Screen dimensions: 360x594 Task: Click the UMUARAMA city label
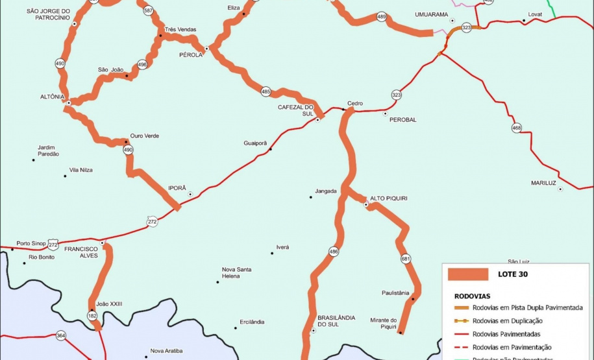pyautogui.click(x=431, y=14)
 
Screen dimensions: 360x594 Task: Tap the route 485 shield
pyautogui.click(x=266, y=92)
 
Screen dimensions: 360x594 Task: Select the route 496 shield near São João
pyautogui.click(x=142, y=65)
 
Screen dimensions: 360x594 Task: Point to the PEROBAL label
pyautogui.click(x=403, y=120)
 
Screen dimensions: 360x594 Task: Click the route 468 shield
pyautogui.click(x=517, y=128)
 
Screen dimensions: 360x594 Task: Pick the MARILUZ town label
pyautogui.click(x=543, y=183)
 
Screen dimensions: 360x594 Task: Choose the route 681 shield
pyautogui.click(x=406, y=258)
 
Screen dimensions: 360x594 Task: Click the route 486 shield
pyautogui.click(x=334, y=251)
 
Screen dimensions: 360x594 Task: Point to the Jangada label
pyautogui.click(x=325, y=191)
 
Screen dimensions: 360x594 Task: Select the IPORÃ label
pyautogui.click(x=177, y=187)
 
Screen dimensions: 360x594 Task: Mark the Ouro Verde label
pyautogui.click(x=144, y=136)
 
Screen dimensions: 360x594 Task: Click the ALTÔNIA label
pyautogui.click(x=53, y=97)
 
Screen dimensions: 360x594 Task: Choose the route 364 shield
pyautogui.click(x=61, y=335)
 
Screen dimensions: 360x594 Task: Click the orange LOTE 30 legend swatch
pyautogui.click(x=467, y=274)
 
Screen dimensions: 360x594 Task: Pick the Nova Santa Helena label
pyautogui.click(x=236, y=272)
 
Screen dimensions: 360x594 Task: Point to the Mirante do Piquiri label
pyautogui.click(x=384, y=322)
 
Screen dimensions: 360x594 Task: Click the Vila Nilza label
pyautogui.click(x=81, y=170)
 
